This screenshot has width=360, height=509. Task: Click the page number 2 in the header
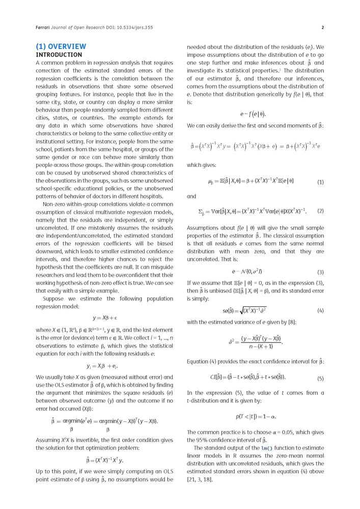(323, 27)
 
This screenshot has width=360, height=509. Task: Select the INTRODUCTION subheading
(59, 54)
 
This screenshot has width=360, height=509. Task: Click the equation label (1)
(320, 182)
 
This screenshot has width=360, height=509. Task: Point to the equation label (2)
(320, 211)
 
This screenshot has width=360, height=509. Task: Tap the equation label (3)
(320, 272)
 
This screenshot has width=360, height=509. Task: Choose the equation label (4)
(320, 310)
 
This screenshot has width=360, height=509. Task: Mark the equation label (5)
(320, 378)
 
